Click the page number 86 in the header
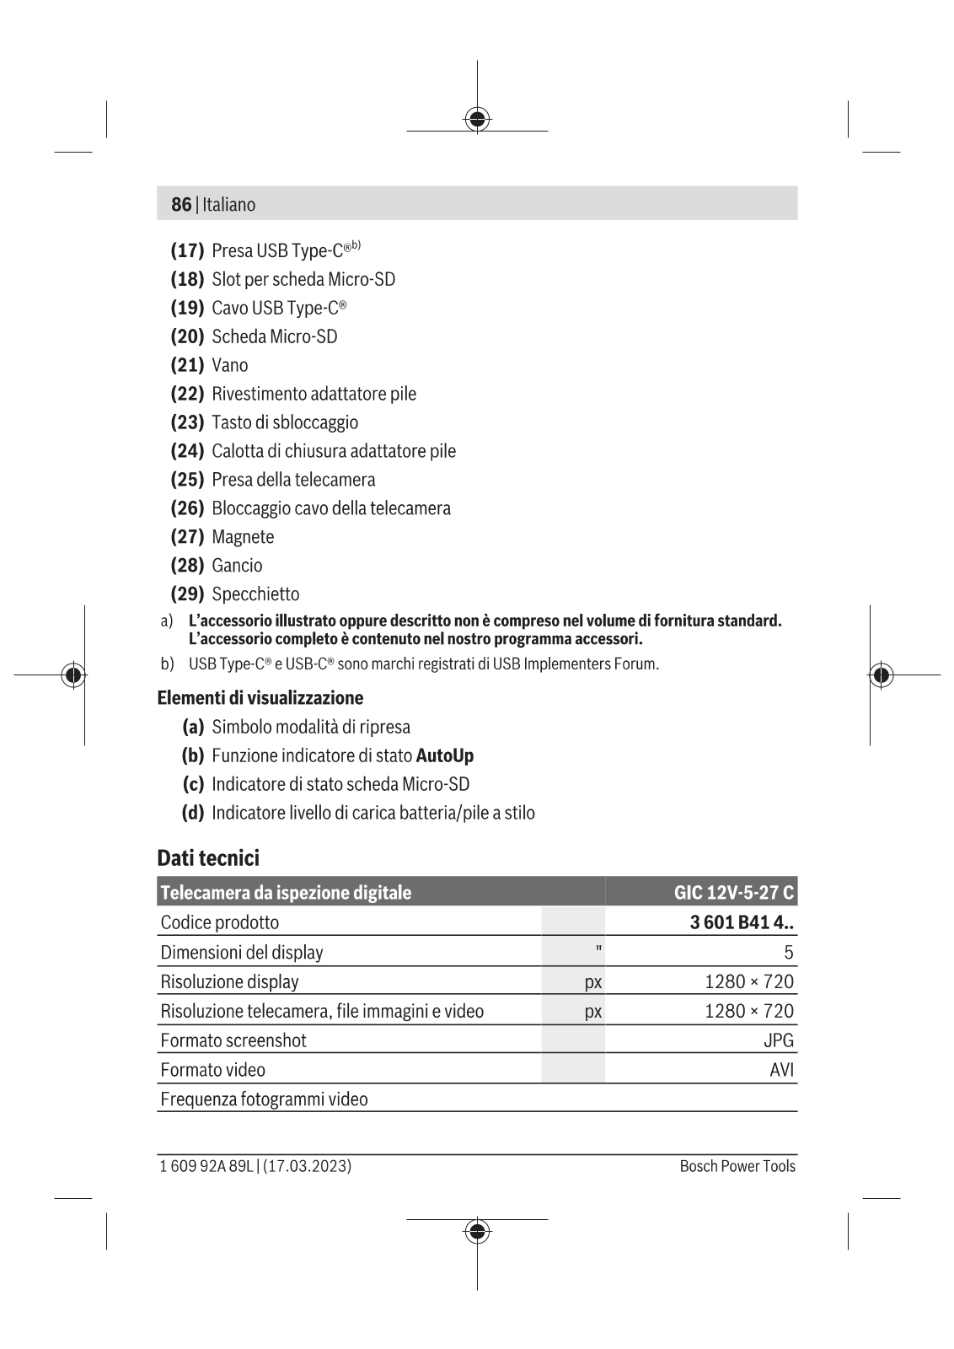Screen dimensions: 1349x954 click(180, 205)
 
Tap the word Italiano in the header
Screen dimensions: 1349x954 click(228, 205)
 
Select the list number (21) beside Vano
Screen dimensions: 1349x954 click(187, 365)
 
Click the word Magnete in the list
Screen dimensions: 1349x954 click(243, 537)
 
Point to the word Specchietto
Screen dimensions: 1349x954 click(255, 594)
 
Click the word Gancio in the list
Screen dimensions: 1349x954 click(237, 566)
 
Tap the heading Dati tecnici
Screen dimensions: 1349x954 click(208, 858)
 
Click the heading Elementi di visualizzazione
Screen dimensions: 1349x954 click(260, 698)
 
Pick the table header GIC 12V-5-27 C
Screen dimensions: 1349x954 click(733, 892)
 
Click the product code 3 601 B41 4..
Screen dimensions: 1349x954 click(741, 922)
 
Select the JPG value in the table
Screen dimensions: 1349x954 click(779, 1040)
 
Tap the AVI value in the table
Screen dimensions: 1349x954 click(782, 1070)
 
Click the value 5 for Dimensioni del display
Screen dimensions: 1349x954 click(789, 953)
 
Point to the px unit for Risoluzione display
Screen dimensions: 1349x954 click(593, 982)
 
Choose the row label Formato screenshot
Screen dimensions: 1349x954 click(233, 1040)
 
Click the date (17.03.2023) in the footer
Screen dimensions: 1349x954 click(308, 1166)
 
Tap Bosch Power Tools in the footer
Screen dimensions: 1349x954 click(737, 1166)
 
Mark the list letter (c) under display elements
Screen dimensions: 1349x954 click(193, 784)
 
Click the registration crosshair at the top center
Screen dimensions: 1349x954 click(477, 119)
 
